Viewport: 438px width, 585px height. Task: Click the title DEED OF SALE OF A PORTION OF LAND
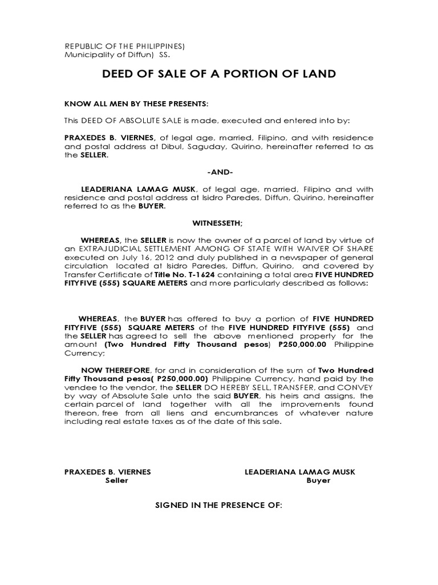pyautogui.click(x=218, y=74)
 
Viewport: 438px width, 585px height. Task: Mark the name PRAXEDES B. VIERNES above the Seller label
pyautogui.click(x=107, y=472)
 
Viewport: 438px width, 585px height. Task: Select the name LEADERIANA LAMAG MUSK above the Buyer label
pyautogui.click(x=299, y=472)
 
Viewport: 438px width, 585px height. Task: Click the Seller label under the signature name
pyautogui.click(x=117, y=480)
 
